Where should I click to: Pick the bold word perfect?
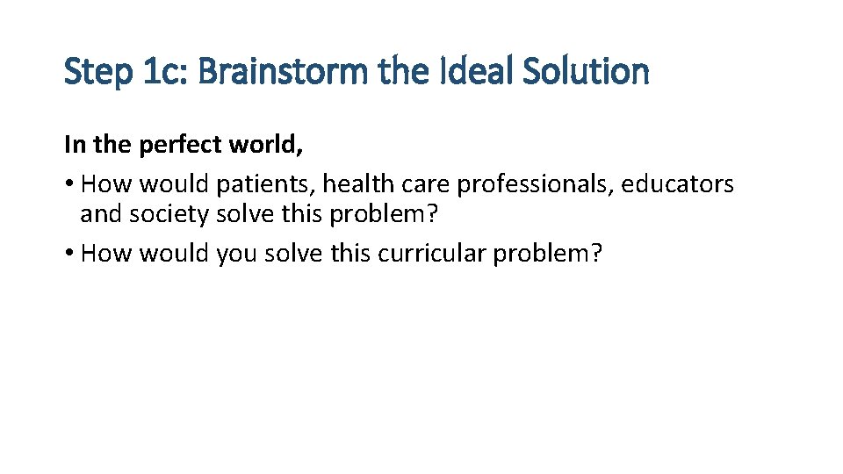(x=179, y=145)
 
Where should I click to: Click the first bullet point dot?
(x=69, y=185)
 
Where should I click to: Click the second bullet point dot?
(x=69, y=254)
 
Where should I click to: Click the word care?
(x=429, y=184)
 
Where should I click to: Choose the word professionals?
(x=536, y=184)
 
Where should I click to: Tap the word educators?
(x=678, y=184)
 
